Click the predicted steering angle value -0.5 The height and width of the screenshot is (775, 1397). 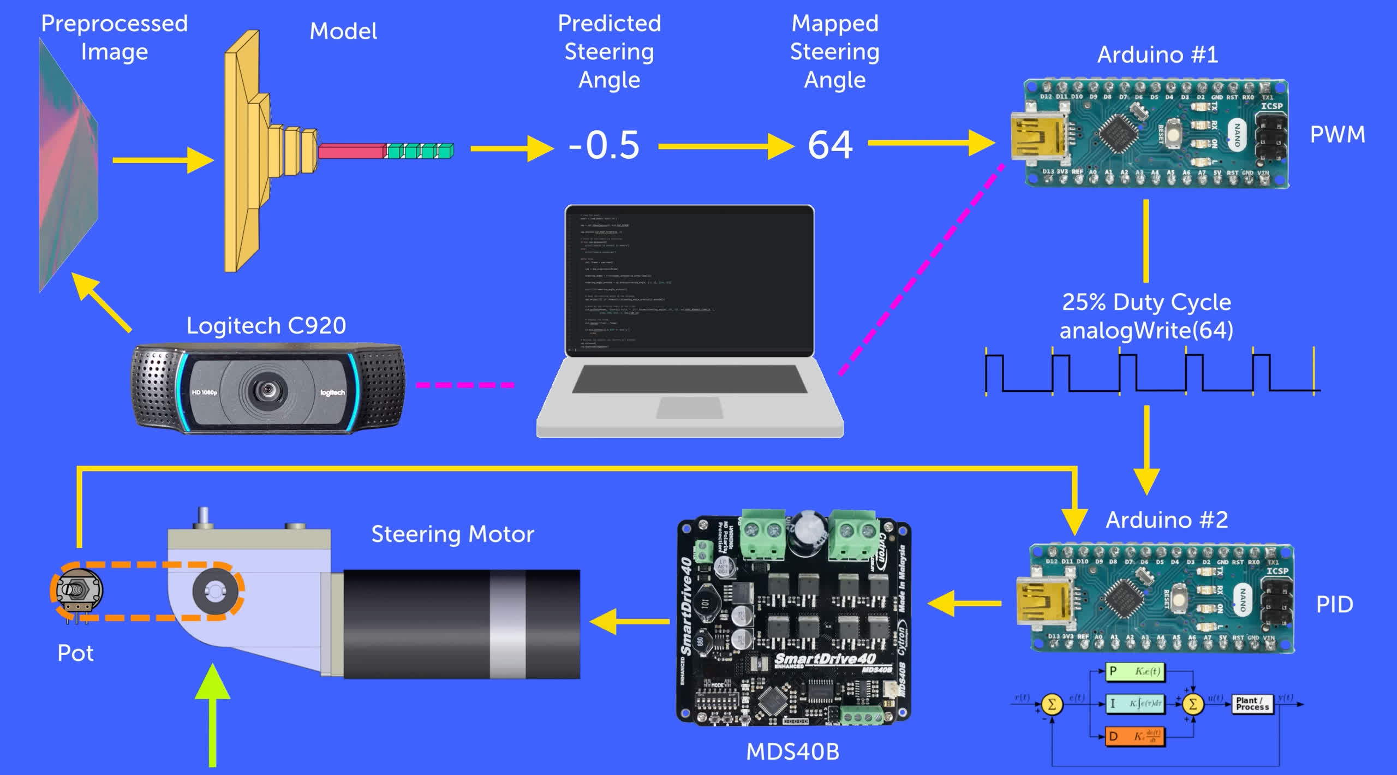click(604, 145)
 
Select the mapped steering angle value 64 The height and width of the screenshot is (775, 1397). click(830, 145)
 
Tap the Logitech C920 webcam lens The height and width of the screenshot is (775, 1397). click(267, 390)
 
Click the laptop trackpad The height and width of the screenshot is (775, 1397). click(689, 408)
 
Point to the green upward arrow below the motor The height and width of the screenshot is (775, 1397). click(212, 715)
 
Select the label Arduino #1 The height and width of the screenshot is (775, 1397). click(1157, 55)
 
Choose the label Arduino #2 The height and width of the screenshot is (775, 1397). click(1167, 520)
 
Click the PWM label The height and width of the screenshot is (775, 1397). click(1338, 134)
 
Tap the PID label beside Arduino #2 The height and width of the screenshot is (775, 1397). click(1334, 605)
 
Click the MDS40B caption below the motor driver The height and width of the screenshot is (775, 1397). click(792, 752)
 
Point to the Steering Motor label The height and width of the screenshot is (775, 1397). click(452, 534)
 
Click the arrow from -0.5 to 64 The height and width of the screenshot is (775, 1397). click(726, 146)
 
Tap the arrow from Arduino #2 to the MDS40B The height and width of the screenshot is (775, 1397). click(964, 604)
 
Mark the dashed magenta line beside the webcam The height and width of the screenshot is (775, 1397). click(465, 385)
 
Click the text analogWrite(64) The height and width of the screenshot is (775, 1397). click(1146, 330)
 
